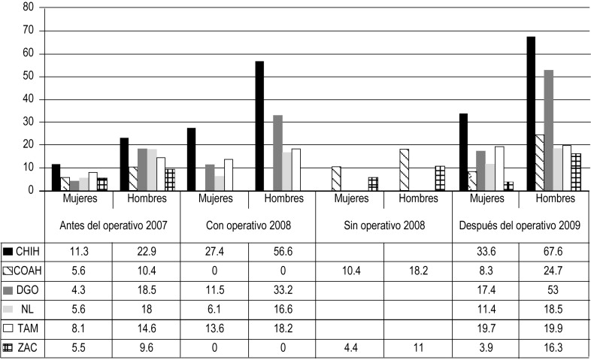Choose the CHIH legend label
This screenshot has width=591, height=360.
[26, 251]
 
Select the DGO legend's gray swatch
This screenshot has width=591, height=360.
[8, 290]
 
